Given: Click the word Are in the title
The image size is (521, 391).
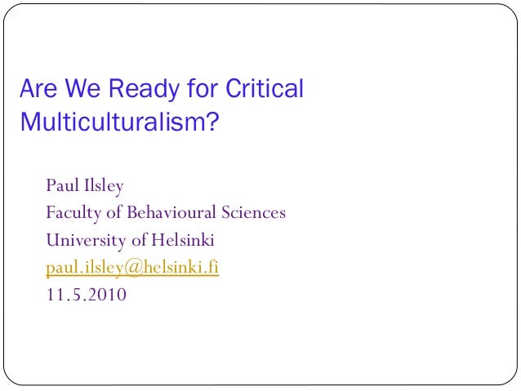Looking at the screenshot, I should tap(38, 88).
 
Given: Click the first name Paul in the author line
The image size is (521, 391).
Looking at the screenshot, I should tap(61, 186).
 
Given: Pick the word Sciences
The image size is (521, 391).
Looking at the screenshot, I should tap(254, 213).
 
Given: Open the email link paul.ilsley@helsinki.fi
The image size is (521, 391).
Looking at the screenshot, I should tap(132, 267).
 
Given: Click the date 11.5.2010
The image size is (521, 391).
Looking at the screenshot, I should tap(86, 294).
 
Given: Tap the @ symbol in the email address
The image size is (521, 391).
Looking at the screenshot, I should tap(135, 267).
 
